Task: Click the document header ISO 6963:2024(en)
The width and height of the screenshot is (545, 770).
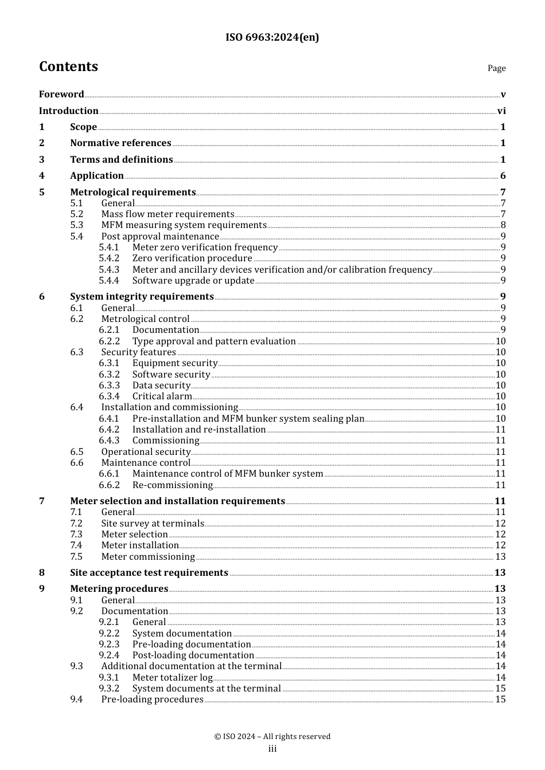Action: pos(272,37)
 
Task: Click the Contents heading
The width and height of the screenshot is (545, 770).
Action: pos(68,66)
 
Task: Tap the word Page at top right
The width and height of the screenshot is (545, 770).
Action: pos(496,68)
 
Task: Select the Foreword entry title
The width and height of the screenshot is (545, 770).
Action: pos(61,95)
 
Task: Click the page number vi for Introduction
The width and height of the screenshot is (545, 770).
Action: pos(501,111)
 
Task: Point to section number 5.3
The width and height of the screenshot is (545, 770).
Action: pos(77,225)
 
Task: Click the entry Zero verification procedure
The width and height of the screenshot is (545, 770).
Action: pos(192,258)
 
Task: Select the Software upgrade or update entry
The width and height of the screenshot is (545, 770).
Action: pos(193,281)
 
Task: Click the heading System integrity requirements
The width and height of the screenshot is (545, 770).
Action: pos(142,297)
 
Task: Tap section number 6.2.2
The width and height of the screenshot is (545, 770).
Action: pos(109,341)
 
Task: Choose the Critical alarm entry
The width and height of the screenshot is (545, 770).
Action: pos(162,396)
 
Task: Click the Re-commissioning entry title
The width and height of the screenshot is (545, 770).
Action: pos(173,485)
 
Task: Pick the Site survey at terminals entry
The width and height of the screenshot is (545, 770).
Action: pos(153,524)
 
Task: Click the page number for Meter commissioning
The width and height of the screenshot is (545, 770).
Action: pos(500,557)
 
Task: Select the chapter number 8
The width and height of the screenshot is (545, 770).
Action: pos(42,573)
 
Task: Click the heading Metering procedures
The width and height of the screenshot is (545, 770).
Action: pos(119,589)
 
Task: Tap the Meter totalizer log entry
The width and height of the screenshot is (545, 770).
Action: pos(173,678)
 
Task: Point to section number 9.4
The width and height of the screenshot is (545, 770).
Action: pos(77,700)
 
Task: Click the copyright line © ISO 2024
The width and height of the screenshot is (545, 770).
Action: pos(272,737)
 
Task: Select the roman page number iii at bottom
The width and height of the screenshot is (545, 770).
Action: pos(272,749)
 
